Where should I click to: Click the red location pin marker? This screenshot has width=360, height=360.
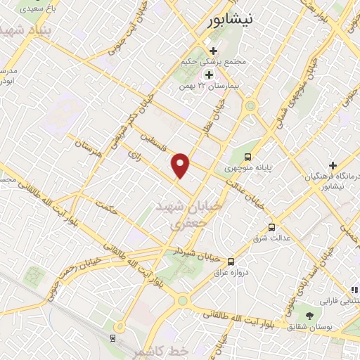pos(181,165)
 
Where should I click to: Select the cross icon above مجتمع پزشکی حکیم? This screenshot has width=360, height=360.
pos(214,51)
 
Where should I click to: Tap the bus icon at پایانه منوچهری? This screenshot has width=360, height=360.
pos(247,157)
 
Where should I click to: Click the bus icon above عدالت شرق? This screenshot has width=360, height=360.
pos(271,227)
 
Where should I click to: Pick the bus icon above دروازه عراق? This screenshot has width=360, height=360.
pos(231,261)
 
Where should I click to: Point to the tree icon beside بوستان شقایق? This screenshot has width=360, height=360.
pos(310,314)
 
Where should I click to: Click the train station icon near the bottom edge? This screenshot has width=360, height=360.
pos(112,338)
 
